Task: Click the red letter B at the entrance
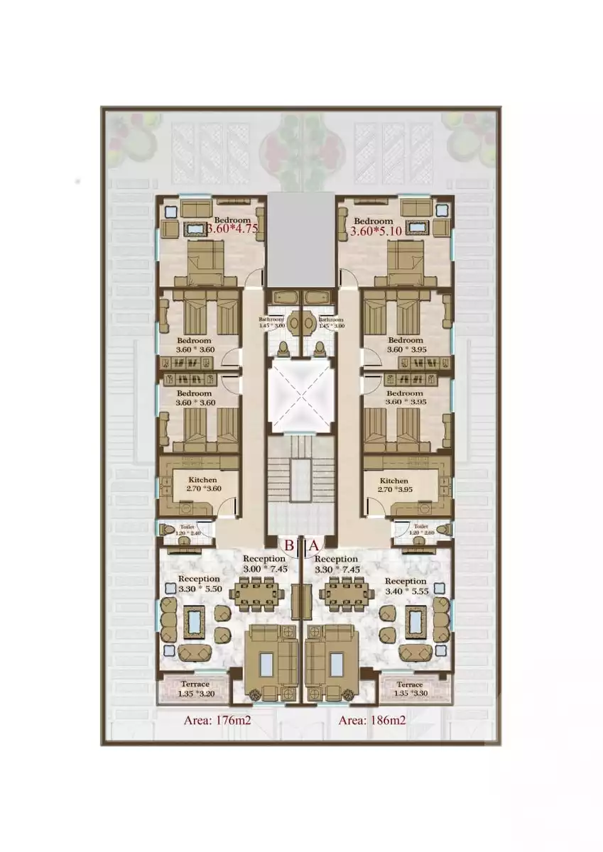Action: [x=290, y=545]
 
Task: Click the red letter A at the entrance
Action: [x=313, y=545]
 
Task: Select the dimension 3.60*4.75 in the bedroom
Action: [x=232, y=229]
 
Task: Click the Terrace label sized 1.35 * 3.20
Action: [x=193, y=689]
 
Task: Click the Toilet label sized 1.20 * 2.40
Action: [x=187, y=530]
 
